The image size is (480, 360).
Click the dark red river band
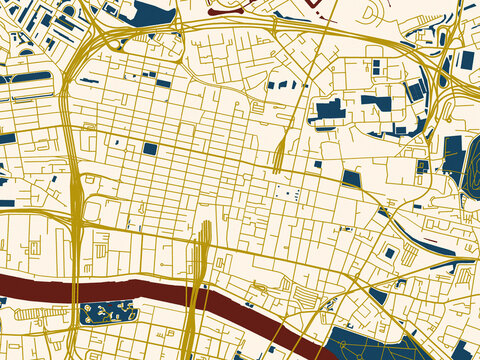tap(120, 288)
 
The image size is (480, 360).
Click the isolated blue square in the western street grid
tap(150, 149)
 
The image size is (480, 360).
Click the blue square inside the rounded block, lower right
tap(389, 253)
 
